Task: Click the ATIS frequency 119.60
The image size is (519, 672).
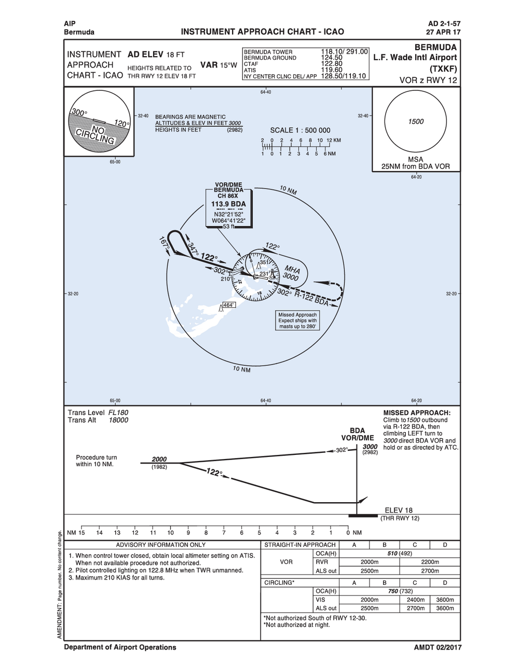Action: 332,70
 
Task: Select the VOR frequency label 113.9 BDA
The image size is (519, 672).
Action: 228,204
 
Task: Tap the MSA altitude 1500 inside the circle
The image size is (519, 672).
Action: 416,122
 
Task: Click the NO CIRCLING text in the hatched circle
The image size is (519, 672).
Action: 95,134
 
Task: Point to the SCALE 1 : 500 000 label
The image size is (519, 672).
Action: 300,130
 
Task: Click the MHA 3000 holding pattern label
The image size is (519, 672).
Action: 291,273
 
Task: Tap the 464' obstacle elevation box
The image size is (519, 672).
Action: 228,305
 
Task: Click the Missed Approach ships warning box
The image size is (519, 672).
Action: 297,320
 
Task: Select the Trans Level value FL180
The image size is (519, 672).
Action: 118,413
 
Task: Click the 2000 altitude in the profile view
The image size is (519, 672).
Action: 159,459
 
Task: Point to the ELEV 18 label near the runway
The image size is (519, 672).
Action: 399,510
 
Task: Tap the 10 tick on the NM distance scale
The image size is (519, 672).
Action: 170,533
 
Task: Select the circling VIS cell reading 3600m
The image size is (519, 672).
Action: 445,600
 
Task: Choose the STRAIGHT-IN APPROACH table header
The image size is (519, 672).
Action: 300,545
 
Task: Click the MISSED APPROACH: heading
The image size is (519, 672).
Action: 420,413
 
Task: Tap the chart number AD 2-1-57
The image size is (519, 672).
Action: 444,24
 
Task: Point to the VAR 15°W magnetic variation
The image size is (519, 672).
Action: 218,65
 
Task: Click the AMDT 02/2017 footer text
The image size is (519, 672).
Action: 438,648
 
